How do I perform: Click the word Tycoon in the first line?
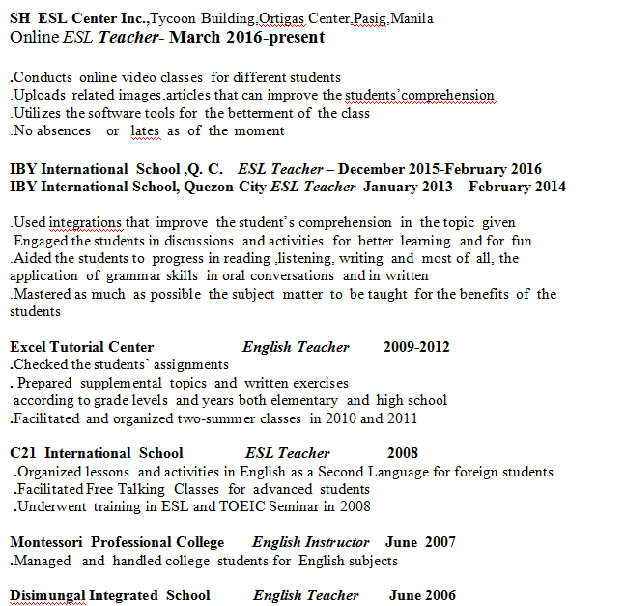172,18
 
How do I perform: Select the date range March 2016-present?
249,38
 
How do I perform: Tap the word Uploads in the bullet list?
39,95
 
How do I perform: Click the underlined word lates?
145,130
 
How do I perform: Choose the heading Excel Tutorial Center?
82,347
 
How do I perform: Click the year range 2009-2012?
416,347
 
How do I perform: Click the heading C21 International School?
97,453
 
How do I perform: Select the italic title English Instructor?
311,542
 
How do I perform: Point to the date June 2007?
420,542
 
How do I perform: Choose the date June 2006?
422,595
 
